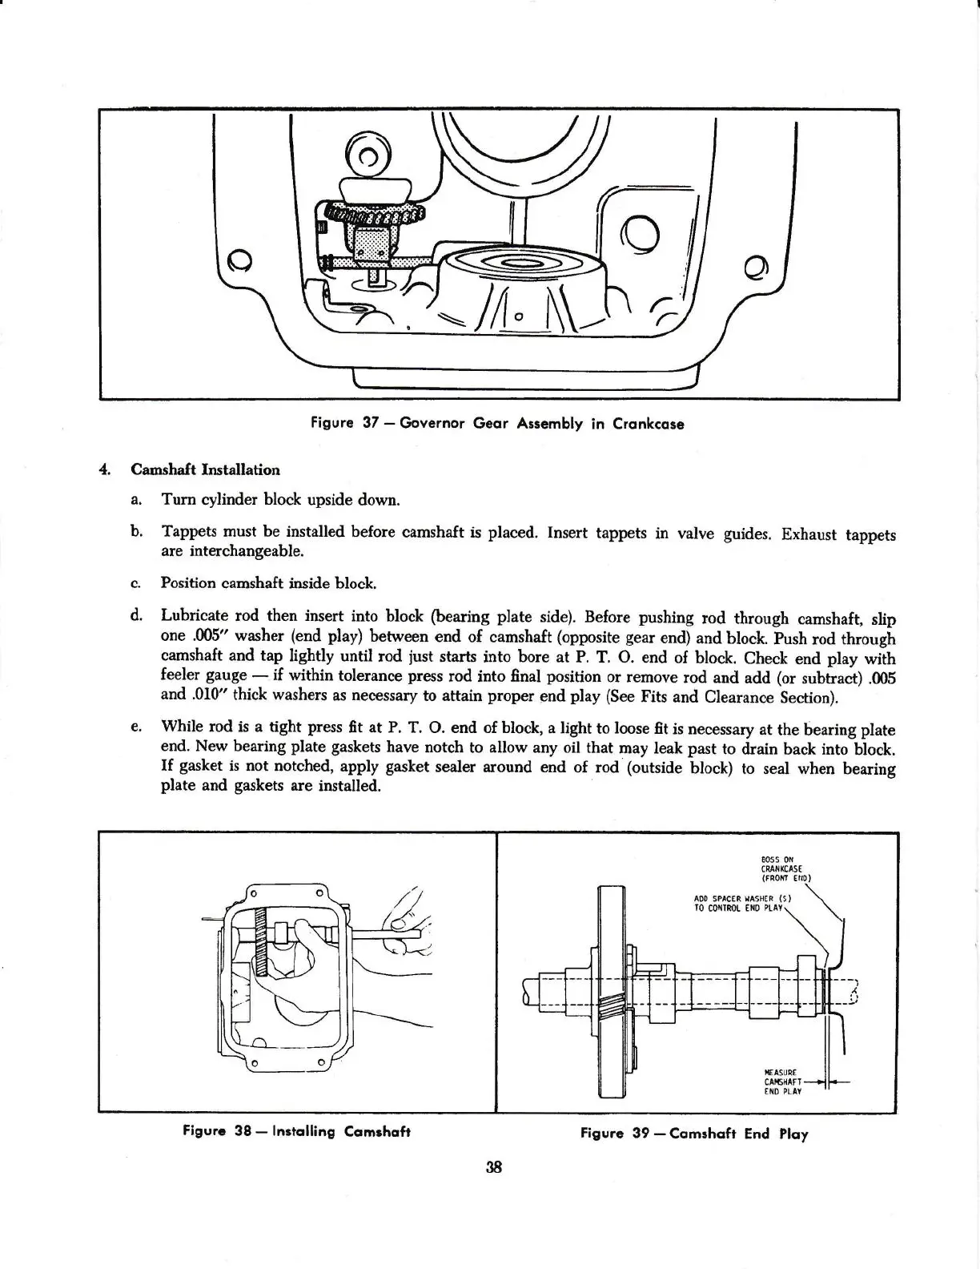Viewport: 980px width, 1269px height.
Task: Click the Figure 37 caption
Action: pos(496,424)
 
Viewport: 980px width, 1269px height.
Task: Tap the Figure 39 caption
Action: pos(694,1133)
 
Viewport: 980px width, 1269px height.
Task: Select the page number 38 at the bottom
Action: pos(492,1167)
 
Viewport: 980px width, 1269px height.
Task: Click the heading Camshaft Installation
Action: pos(205,469)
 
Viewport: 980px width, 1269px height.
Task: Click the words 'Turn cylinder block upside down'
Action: pos(280,500)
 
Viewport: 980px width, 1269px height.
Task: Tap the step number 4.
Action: pos(103,469)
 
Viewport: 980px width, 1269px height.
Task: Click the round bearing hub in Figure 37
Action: pos(520,276)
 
